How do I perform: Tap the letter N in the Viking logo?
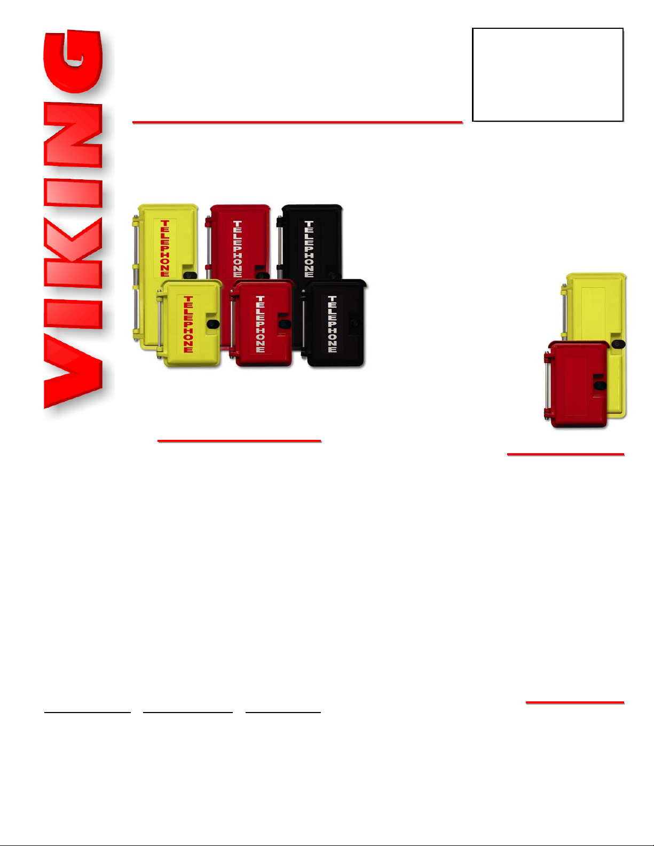tap(73, 135)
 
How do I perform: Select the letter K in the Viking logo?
tap(73, 253)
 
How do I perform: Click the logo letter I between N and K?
tap(73, 193)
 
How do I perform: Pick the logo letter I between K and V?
tap(73, 314)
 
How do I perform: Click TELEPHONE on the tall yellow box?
tap(165, 248)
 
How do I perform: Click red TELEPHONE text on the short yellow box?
tap(188, 325)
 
